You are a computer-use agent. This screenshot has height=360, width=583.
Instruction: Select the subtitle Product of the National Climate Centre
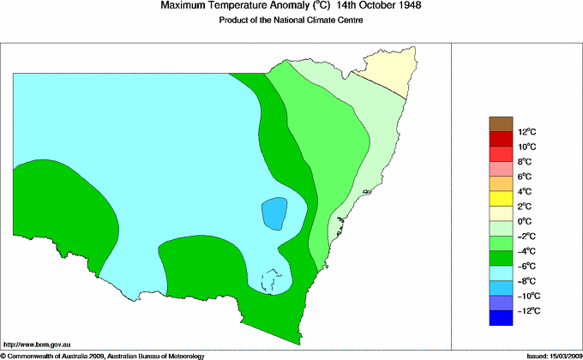pos(291,21)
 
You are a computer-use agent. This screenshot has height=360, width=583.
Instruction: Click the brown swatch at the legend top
pos(501,124)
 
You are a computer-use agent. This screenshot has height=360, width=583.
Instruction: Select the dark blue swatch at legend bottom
pos(501,317)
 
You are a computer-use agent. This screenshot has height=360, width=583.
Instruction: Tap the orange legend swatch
pos(501,183)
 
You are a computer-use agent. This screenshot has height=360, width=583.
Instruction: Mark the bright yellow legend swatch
pos(501,199)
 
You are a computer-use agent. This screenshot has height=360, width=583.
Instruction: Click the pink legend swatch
pos(501,169)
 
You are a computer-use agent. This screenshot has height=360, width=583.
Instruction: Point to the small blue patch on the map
pos(273,213)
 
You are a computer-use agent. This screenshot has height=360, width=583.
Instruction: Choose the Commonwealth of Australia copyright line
pos(103,355)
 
